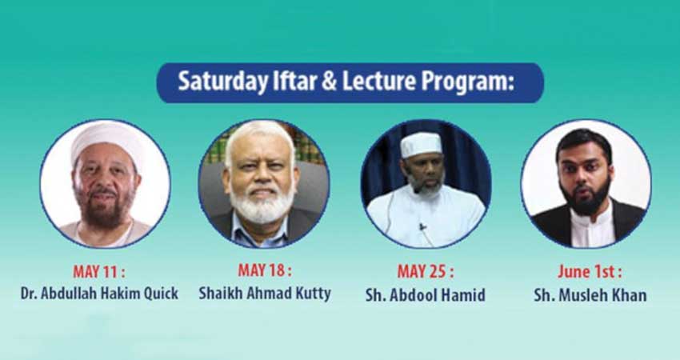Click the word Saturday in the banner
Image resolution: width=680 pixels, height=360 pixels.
pyautogui.click(x=223, y=82)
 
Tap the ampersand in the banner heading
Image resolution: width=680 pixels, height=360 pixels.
pyautogui.click(x=329, y=81)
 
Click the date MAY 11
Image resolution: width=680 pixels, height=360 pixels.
pyautogui.click(x=99, y=272)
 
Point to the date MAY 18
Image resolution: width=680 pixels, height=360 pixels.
pyautogui.click(x=265, y=270)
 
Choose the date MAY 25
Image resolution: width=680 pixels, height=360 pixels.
pyautogui.click(x=426, y=272)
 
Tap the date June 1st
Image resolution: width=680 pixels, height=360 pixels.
pyautogui.click(x=590, y=272)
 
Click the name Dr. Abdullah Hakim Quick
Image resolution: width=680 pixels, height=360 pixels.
pyautogui.click(x=99, y=294)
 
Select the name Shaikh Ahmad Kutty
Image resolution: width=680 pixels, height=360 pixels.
pyautogui.click(x=265, y=294)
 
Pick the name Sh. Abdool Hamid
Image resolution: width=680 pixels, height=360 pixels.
pyautogui.click(x=425, y=295)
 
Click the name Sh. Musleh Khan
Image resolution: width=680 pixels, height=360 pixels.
pyautogui.click(x=590, y=295)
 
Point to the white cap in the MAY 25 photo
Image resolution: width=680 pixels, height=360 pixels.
pyautogui.click(x=421, y=144)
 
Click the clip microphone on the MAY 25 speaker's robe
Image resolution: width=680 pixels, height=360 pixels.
pyautogui.click(x=422, y=226)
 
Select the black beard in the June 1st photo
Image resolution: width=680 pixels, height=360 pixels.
pyautogui.click(x=586, y=198)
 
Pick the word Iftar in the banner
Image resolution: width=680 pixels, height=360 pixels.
pyautogui.click(x=295, y=82)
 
